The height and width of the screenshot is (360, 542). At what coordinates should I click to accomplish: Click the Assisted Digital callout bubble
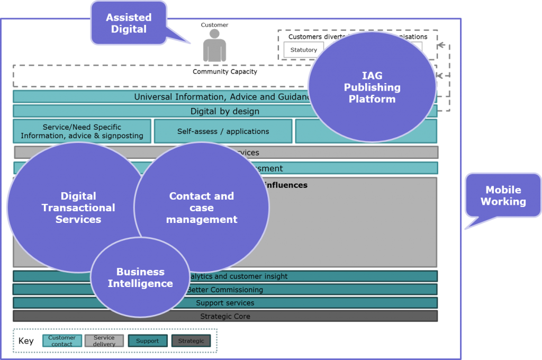129,24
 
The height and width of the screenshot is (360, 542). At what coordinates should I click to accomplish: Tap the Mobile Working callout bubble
503,196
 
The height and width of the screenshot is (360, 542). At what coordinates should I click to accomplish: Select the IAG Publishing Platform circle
372,87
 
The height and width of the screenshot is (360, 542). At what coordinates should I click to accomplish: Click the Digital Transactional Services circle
78,208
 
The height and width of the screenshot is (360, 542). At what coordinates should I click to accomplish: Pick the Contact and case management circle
202,208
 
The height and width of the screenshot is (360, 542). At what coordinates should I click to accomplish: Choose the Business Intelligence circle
140,277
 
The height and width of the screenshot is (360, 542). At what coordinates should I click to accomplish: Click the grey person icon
214,46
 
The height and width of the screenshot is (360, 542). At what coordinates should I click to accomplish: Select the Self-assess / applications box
223,131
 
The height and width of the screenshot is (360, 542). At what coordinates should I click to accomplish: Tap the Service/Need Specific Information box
82,131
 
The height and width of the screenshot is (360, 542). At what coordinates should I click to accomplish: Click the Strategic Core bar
225,316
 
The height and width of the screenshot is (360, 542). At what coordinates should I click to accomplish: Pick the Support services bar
225,303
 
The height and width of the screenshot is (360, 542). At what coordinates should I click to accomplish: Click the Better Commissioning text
225,290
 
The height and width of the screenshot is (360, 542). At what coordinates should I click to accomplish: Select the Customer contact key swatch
62,340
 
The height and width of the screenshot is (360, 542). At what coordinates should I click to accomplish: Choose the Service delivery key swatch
104,340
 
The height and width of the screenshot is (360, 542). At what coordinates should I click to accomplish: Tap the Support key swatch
147,340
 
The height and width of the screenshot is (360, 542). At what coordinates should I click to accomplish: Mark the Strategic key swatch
191,340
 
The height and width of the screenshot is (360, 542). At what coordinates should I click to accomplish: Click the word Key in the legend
26,341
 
